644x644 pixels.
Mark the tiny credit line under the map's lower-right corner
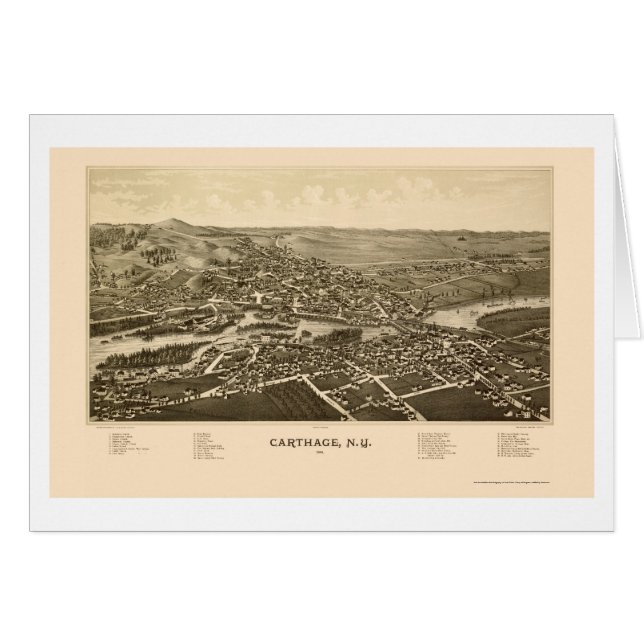(523, 427)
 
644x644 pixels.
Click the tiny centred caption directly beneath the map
(322, 427)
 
